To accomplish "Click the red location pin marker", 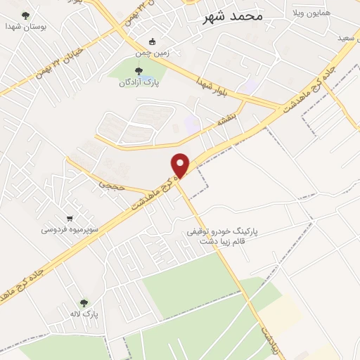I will (x=181, y=165).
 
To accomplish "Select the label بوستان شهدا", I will (x=25, y=26).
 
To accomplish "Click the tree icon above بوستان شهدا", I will (x=26, y=15).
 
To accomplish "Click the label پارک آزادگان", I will (x=138, y=82).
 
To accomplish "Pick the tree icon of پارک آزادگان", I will (x=138, y=70).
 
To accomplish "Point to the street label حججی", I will (x=111, y=186).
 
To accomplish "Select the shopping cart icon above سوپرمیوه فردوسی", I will (x=69, y=219).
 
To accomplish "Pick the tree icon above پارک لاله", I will (x=84, y=303).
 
